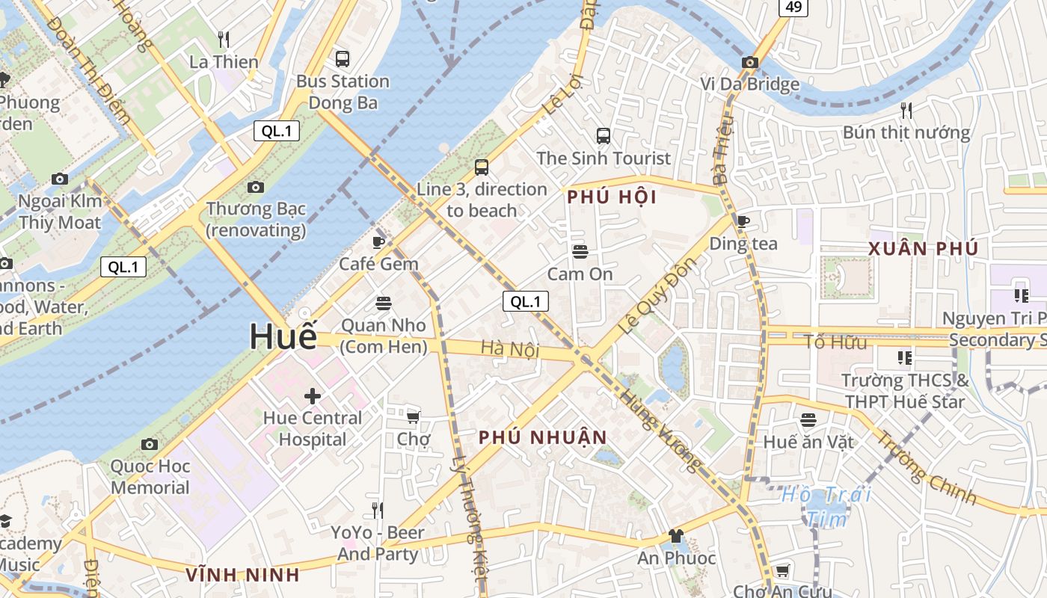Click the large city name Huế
coord(283,336)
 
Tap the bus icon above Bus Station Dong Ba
coord(343,58)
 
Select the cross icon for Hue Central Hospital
coord(313,395)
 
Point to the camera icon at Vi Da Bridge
coord(749,62)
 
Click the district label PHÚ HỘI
coord(612,197)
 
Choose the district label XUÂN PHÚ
coord(923,249)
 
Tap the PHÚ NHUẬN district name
coord(542,437)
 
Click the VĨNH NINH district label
coord(242,575)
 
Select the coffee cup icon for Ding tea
coord(743,221)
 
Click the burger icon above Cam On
coord(580,251)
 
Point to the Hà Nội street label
coord(510,348)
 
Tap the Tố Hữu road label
coord(835,342)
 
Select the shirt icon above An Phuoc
coord(676,535)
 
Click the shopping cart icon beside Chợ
coord(413,416)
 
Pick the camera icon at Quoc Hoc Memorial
coord(150,444)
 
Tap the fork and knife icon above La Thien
coord(224,39)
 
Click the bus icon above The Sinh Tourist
coord(604,135)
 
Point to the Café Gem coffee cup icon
coord(378,241)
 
